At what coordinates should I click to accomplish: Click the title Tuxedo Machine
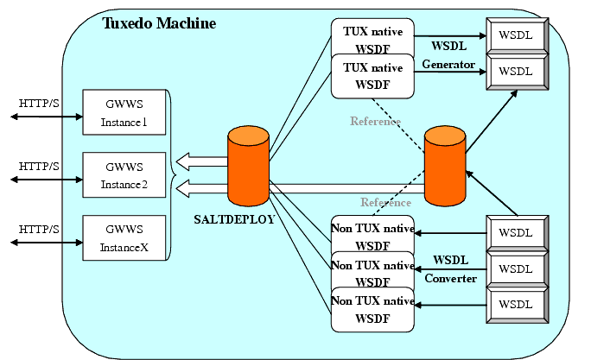[159, 23]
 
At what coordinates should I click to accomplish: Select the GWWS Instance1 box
[124, 113]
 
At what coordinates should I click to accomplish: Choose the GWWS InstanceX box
[124, 237]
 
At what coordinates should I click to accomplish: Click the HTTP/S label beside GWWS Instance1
[39, 104]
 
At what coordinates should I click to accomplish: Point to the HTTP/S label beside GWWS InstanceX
[39, 229]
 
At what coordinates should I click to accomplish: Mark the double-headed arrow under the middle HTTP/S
[39, 180]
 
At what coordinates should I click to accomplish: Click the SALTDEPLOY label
[234, 219]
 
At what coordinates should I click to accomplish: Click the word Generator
[448, 65]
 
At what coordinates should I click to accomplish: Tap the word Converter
[450, 278]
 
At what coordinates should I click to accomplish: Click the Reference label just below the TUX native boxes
[375, 122]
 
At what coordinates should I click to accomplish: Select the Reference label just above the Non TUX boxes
[385, 203]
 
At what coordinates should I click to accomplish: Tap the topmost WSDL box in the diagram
[516, 35]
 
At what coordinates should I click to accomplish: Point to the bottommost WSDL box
[516, 305]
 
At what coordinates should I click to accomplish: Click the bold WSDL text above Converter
[450, 260]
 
